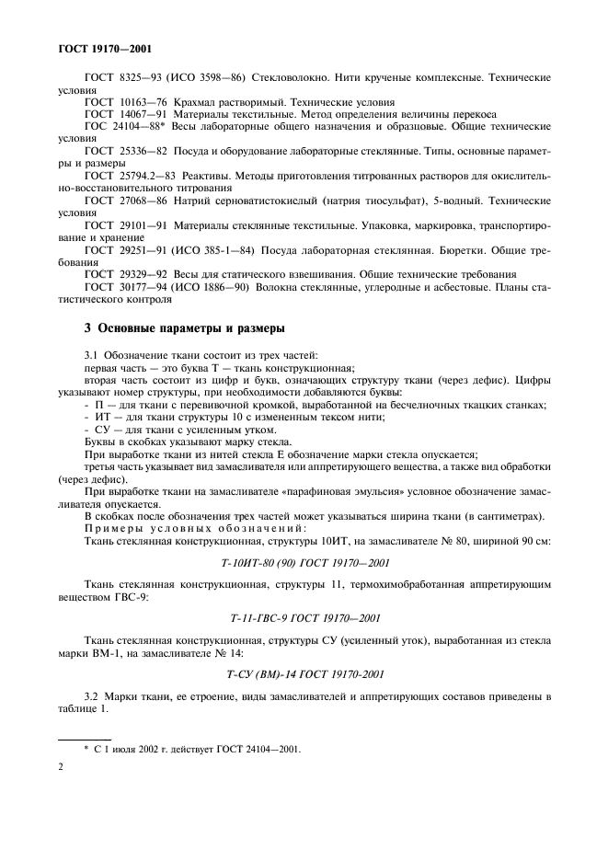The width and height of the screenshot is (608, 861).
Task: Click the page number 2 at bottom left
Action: point(62,772)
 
